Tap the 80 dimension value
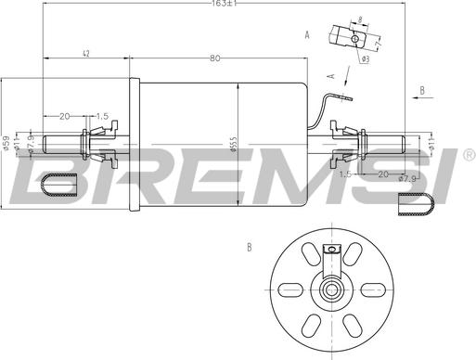pos(215,59)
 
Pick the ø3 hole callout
pos(366,58)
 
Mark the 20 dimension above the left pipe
pos(64,116)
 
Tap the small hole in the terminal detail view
pos(352,39)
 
